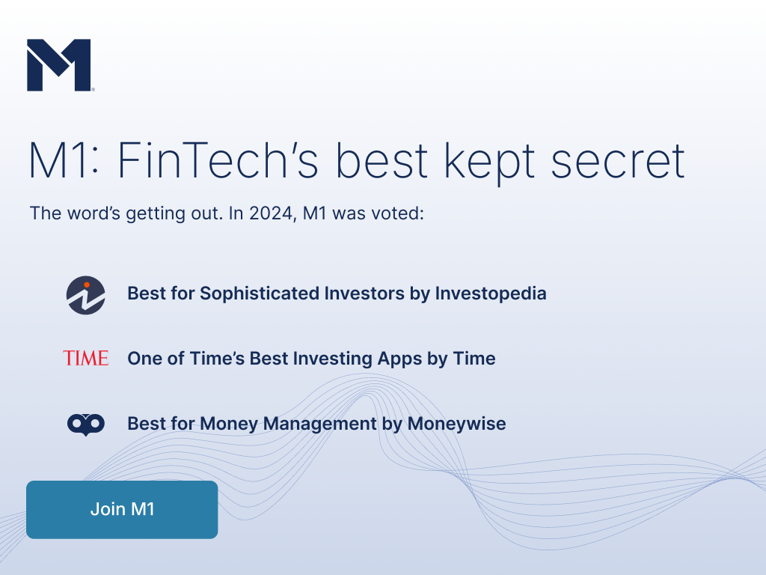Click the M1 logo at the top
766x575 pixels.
click(x=59, y=65)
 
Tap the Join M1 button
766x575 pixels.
click(x=122, y=509)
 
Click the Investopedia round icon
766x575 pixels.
click(x=85, y=295)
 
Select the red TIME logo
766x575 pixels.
click(x=85, y=359)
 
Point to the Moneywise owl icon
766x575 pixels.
click(x=85, y=425)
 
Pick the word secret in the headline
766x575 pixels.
click(x=618, y=162)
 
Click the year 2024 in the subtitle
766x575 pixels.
click(x=271, y=213)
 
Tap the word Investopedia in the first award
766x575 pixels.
click(x=491, y=293)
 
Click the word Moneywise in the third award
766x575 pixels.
click(x=457, y=424)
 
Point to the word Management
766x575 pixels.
click(x=320, y=424)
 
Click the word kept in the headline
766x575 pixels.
click(x=489, y=162)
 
